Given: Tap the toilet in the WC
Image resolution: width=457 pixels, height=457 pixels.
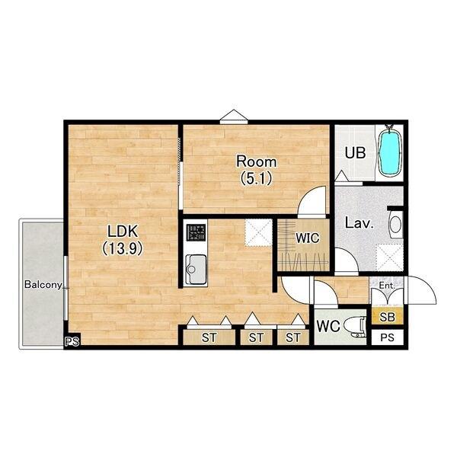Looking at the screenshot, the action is point(355,327).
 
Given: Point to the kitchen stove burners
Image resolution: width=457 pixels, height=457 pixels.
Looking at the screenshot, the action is point(196,232).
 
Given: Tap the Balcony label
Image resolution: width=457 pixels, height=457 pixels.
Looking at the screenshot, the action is point(43,284).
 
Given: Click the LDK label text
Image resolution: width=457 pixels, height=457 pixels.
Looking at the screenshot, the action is point(123,231).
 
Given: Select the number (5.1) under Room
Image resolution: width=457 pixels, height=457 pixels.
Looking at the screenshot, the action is point(256,178).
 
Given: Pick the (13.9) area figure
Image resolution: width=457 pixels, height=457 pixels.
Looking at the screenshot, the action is point(123,248).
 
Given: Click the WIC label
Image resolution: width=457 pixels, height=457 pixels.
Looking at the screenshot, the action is point(308,238).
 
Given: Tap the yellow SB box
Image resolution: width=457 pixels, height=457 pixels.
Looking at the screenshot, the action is point(388,317).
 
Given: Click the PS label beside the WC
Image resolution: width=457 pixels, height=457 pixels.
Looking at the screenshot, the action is point(388,337).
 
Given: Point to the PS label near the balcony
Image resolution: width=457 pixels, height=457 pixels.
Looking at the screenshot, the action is point(72,341).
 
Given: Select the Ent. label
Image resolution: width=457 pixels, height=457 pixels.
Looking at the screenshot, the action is point(386,286).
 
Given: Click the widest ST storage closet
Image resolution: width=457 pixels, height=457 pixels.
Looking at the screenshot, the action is point(209,337).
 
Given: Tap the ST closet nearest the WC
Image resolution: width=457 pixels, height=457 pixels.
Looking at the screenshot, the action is point(293,337).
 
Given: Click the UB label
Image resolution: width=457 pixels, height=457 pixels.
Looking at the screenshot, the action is point(355,153).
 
